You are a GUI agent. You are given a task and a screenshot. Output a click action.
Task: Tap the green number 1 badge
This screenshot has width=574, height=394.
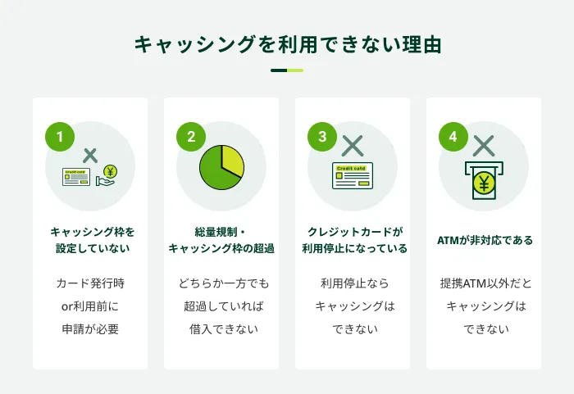pos(60,137)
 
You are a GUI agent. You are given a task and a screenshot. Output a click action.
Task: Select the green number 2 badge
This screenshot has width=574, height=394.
pos(191,137)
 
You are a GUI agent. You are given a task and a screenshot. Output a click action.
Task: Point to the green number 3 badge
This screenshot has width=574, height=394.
pos(322,137)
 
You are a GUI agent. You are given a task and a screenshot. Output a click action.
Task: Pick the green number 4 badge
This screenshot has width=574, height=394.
pos(453,137)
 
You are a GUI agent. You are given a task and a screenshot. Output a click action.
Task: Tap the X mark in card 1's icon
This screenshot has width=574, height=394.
pos(90,154)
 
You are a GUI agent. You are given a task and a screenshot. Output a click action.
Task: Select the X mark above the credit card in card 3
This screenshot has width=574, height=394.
pos(353,146)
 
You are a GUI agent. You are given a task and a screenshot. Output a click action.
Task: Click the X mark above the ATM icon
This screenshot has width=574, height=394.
pos(484,146)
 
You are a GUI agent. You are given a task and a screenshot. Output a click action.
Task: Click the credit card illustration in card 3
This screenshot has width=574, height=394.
pos(353,176)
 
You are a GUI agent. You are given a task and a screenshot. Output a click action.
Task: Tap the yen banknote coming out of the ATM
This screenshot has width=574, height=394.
pos(484,184)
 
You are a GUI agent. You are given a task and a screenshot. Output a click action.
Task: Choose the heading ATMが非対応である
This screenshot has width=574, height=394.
pos(484,241)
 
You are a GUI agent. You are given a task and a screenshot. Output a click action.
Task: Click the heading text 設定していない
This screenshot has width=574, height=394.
pos(90,249)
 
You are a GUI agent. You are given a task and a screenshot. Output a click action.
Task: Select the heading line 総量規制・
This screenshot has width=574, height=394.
pos(221,232)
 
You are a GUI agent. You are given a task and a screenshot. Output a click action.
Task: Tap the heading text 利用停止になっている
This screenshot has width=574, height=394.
pos(353,249)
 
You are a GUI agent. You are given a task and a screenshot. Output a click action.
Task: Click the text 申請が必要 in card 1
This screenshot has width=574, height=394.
pos(90,329)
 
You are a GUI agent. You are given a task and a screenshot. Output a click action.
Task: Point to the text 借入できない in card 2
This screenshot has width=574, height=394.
pos(221,329)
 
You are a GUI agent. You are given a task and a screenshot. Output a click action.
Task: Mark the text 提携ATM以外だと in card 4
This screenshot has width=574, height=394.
pos(484,283)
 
